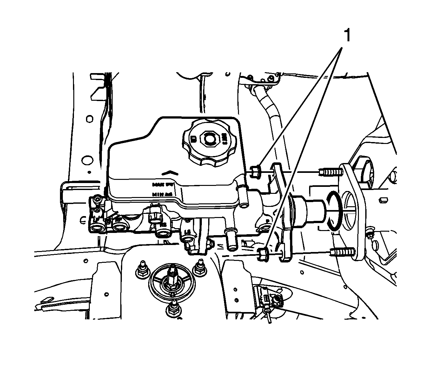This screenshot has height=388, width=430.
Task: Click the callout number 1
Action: (x=347, y=35)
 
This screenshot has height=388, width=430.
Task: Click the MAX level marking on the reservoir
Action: (x=160, y=184)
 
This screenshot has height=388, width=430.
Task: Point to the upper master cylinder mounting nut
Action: (x=256, y=172)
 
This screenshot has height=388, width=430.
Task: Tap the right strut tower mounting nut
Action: (x=200, y=267)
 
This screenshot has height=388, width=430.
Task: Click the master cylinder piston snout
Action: (x=309, y=210)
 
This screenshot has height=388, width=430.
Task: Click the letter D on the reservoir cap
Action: (x=193, y=138)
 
